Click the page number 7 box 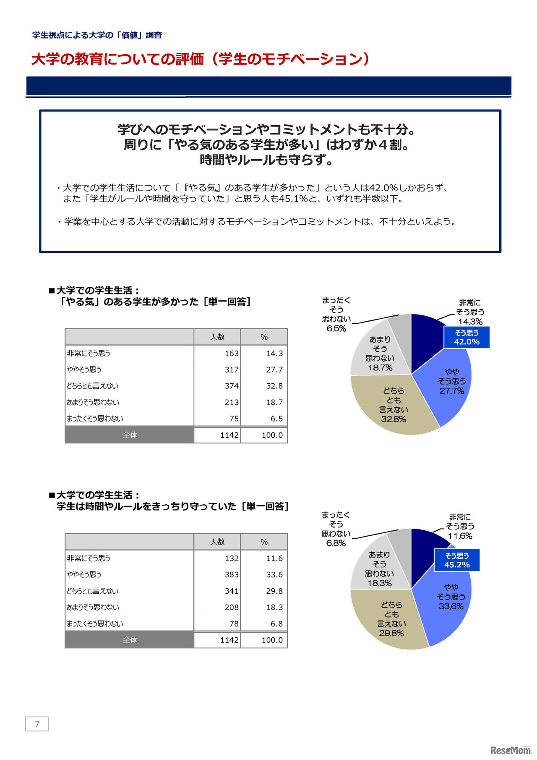click(x=37, y=724)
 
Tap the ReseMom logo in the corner click(x=510, y=750)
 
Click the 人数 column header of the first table click(x=217, y=337)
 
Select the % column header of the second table click(x=264, y=542)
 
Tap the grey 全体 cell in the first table click(x=130, y=435)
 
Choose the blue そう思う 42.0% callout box click(x=467, y=337)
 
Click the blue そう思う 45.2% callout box click(x=457, y=560)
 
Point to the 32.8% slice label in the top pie click(x=394, y=419)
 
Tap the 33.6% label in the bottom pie click(x=451, y=606)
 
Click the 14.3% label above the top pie click(x=470, y=322)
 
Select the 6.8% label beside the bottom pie click(x=336, y=543)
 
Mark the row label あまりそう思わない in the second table click(x=93, y=607)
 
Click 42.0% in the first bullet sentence click(x=383, y=188)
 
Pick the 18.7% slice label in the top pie click(x=380, y=368)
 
